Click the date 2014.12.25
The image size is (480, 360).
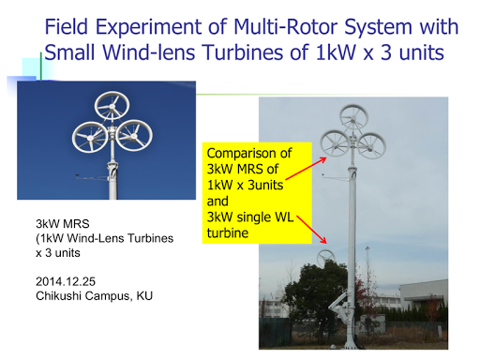66,281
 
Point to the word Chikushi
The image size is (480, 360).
58,295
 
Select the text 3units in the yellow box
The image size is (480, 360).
265,185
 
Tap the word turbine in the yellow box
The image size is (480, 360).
228,232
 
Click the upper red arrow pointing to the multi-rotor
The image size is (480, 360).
307,169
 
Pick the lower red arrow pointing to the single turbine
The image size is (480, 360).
311,230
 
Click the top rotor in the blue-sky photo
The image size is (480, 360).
112,106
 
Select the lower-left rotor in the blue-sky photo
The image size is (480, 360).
90,137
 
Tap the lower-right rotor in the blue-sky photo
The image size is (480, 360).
134,136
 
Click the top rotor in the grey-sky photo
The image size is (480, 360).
353,118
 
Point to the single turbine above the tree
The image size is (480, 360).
325,258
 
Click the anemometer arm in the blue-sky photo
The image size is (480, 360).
92,178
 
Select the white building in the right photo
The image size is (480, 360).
424,294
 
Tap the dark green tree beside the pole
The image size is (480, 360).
316,297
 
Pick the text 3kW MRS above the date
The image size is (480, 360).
63,224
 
